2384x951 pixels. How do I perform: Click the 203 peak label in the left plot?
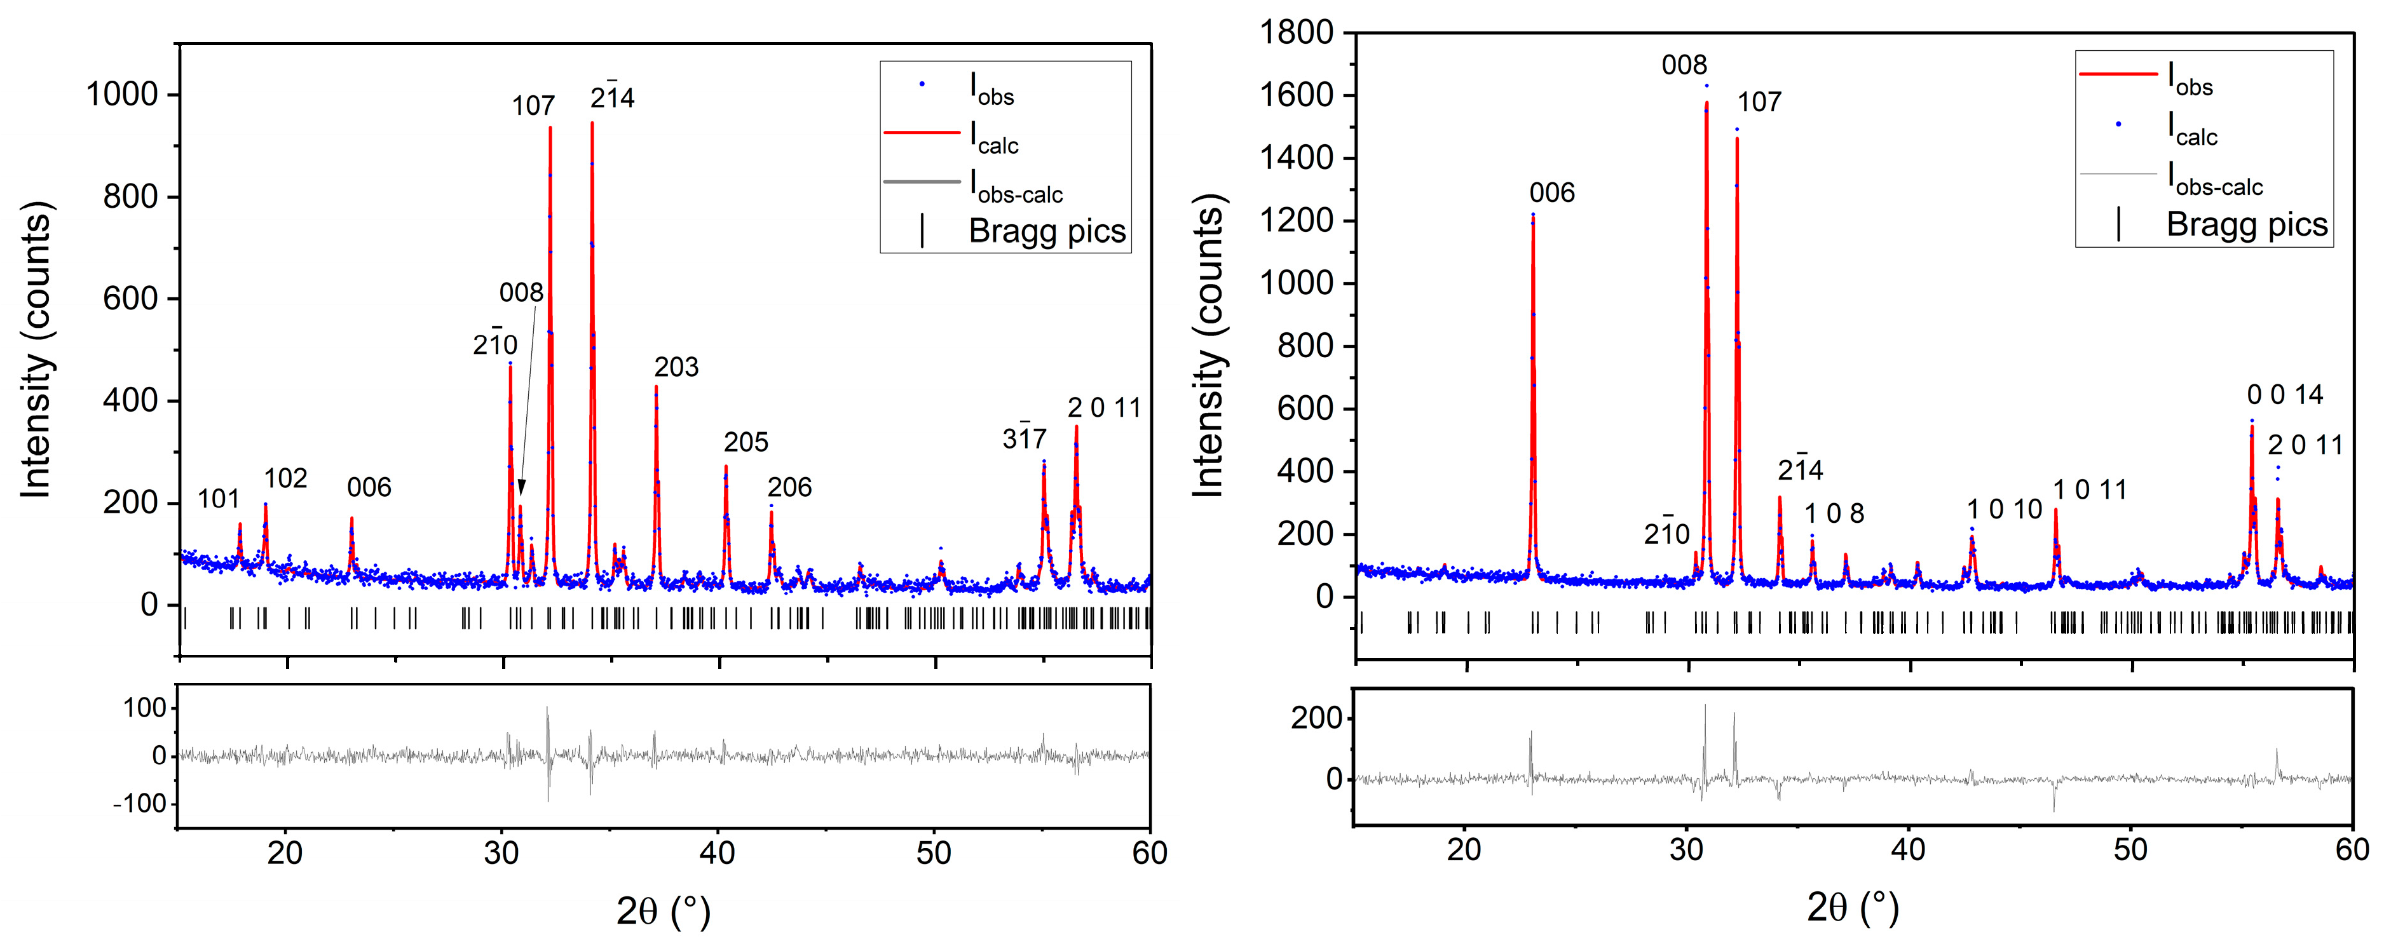coord(676,367)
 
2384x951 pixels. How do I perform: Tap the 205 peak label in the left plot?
coord(746,442)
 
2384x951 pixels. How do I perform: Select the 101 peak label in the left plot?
coord(219,499)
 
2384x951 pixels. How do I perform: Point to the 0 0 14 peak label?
coord(2285,395)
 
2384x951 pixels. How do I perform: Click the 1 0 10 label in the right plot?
coord(2005,509)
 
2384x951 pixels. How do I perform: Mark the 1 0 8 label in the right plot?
coord(1834,513)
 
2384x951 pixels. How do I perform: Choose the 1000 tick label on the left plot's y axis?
coord(121,95)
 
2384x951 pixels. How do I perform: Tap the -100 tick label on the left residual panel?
coord(139,803)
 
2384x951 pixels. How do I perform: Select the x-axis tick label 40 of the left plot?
coord(718,853)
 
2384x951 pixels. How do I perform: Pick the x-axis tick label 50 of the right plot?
coord(2130,849)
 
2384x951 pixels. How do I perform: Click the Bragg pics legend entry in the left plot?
coord(1046,231)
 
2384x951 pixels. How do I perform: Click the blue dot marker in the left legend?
coord(922,84)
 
